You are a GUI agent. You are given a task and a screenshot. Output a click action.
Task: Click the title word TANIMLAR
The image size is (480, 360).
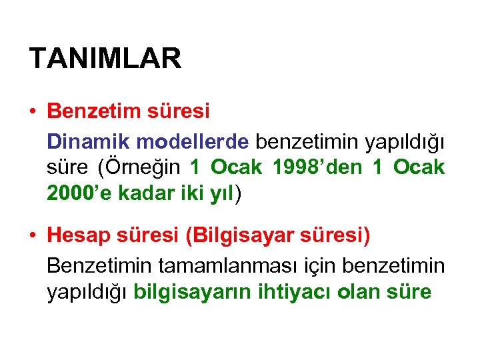tap(105, 59)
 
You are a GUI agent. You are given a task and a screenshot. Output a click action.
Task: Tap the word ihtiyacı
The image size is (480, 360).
tap(295, 292)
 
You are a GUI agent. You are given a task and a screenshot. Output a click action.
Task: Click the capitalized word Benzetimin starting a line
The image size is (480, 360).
tap(99, 265)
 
